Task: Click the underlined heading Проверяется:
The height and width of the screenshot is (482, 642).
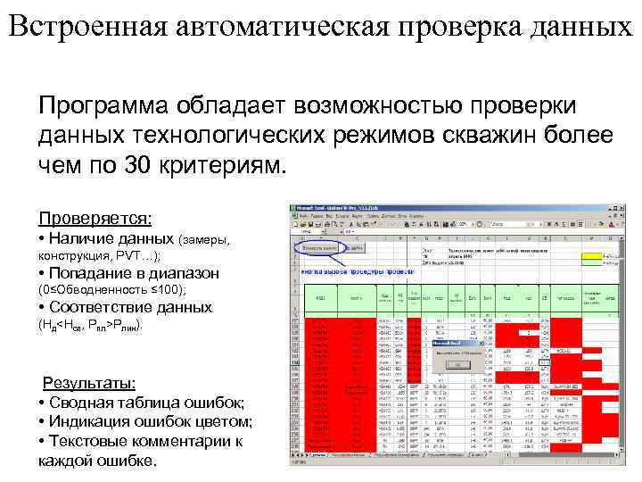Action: (x=95, y=218)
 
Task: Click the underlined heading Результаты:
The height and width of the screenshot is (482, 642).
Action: (x=90, y=383)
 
